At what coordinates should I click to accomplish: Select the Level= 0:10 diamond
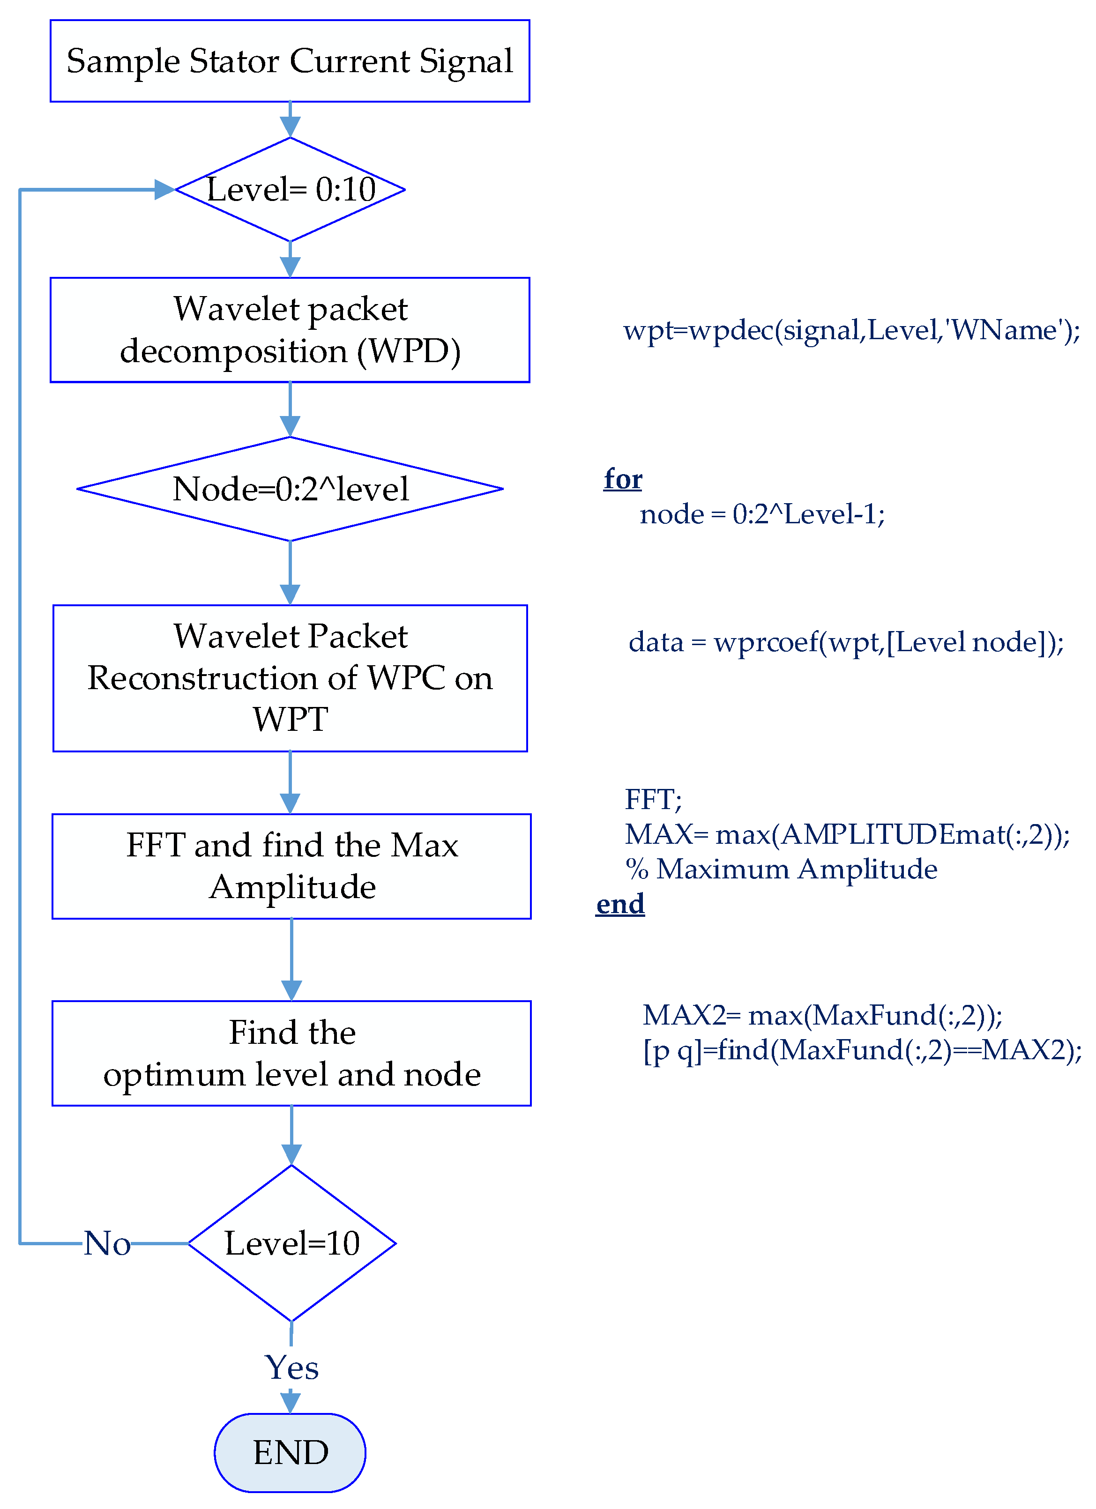click(x=290, y=190)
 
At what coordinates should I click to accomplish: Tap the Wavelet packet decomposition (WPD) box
click(x=290, y=330)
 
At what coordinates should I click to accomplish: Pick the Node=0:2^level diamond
click(x=290, y=489)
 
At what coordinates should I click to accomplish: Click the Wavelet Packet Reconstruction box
click(x=290, y=678)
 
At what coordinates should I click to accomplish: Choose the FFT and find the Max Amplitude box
click(x=291, y=866)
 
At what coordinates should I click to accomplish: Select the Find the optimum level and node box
click(x=291, y=1053)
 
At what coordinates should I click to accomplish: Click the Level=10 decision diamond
click(x=291, y=1243)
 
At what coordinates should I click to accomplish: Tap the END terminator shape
click(x=290, y=1452)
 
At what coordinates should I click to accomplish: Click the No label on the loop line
click(x=106, y=1243)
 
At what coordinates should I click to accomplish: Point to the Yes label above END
click(x=291, y=1368)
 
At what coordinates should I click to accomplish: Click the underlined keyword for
click(x=623, y=479)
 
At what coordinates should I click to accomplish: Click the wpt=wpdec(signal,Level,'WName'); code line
click(x=851, y=330)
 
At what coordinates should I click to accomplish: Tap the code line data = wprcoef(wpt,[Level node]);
click(x=846, y=642)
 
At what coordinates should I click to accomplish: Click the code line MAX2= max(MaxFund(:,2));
click(x=822, y=1015)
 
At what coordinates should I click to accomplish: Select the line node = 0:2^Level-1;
click(x=762, y=514)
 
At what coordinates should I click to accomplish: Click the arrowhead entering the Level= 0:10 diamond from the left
click(x=164, y=190)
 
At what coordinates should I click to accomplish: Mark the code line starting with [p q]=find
click(x=862, y=1050)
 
